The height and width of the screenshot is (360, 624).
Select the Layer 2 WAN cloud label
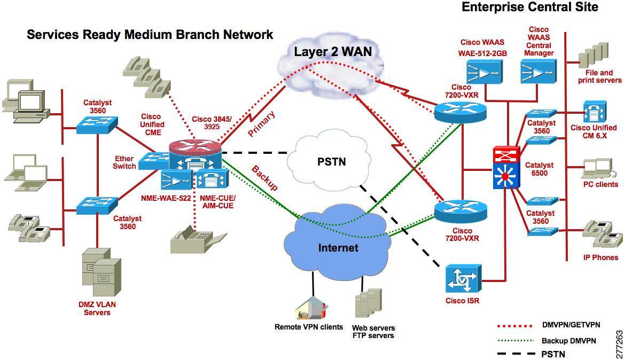[333, 52]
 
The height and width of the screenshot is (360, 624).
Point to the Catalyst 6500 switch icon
[506, 167]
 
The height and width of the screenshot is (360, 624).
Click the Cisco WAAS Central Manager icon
[539, 72]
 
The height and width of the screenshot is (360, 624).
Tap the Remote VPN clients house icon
[311, 308]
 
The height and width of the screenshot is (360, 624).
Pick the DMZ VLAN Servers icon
[102, 272]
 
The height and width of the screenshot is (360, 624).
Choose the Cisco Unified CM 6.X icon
[595, 112]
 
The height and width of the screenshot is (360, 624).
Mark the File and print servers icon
[594, 55]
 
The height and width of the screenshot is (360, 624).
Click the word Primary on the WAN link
[261, 124]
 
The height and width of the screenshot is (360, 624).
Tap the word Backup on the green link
[264, 178]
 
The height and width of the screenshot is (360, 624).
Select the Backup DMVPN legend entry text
[568, 341]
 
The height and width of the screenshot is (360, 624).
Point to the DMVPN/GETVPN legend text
[571, 325]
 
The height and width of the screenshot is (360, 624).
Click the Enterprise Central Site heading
[529, 7]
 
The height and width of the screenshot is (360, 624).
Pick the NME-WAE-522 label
[166, 198]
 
